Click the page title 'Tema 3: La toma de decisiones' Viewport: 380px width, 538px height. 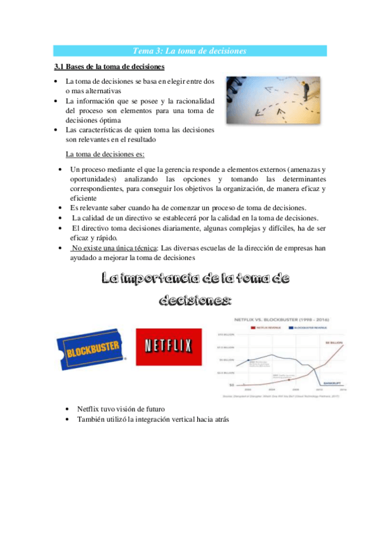click(x=190, y=51)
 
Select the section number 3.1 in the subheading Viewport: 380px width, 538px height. click(x=60, y=67)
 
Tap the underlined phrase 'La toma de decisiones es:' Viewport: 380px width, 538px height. click(x=105, y=154)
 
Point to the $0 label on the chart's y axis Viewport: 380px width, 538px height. click(x=232, y=385)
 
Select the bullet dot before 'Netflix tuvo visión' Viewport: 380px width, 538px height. click(x=68, y=409)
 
